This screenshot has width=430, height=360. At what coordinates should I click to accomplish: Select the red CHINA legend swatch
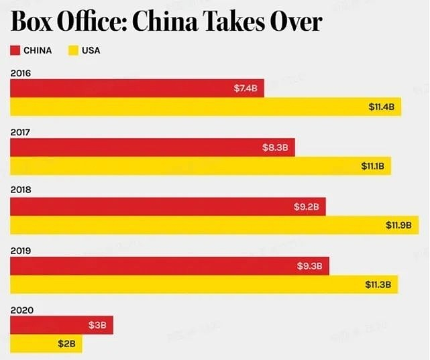click(15, 50)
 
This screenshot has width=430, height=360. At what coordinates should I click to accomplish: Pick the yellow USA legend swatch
click(74, 50)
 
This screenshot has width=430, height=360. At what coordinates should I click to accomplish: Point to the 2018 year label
click(20, 190)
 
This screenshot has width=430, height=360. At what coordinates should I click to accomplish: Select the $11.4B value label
click(384, 107)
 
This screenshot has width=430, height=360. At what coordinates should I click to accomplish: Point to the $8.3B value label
click(276, 147)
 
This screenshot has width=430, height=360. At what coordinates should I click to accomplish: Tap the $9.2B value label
click(306, 207)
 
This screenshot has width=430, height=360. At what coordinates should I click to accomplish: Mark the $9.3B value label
click(309, 266)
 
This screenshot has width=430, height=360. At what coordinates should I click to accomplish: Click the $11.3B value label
click(378, 284)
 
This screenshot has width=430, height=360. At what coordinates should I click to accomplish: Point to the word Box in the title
click(32, 22)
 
